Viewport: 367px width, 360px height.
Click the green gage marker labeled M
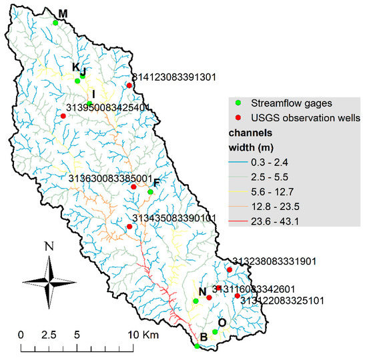click(x=55, y=23)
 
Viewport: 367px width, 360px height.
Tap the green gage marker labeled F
click(x=150, y=192)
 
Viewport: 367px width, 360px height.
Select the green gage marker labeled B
click(x=197, y=346)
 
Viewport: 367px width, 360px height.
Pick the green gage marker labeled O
click(x=215, y=332)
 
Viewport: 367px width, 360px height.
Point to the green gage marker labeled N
click(x=196, y=301)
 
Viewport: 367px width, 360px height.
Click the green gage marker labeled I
click(x=89, y=103)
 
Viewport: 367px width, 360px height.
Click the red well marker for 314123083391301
click(x=129, y=85)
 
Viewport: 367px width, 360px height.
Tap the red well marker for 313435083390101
click(x=129, y=227)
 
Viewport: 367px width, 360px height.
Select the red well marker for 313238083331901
click(x=230, y=270)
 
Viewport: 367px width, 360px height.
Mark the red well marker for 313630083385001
click(x=133, y=187)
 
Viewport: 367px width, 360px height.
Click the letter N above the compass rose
click(x=49, y=246)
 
